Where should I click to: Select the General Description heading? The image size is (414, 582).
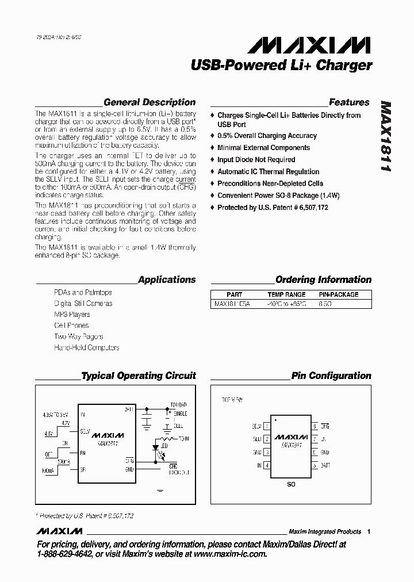149,102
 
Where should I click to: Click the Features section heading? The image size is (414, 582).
349,102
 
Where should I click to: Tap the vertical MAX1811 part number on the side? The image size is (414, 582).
385,137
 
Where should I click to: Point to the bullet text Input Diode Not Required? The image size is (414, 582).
256,160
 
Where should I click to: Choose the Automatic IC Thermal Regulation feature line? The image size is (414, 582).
268,171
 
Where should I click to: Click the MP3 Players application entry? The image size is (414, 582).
72,315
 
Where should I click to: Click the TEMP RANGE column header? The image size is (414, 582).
286,294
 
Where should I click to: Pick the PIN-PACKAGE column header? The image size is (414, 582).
338,294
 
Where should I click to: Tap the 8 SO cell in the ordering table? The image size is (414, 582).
325,303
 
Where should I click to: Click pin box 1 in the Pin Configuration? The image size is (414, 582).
267,427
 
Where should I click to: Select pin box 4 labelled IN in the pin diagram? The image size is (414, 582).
267,465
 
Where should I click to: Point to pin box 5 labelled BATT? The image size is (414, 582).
315,465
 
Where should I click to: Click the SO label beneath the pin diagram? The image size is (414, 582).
291,485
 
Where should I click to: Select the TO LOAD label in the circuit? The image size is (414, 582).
179,405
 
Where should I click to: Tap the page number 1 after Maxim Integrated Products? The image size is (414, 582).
369,531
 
